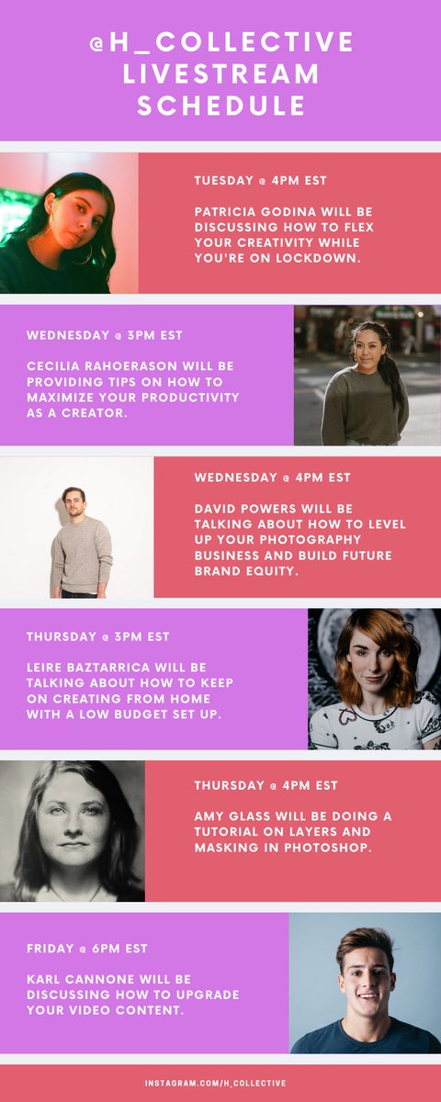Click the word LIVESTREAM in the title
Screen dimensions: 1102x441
[221, 73]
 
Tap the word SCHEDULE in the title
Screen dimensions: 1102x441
[221, 106]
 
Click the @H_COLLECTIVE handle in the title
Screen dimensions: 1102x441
[221, 41]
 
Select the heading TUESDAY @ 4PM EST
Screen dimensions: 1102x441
[260, 180]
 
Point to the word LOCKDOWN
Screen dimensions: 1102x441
[315, 259]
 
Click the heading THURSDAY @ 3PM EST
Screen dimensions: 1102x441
[97, 636]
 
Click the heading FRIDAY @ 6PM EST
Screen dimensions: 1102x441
[86, 948]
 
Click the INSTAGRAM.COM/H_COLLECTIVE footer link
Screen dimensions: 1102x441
[215, 1084]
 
